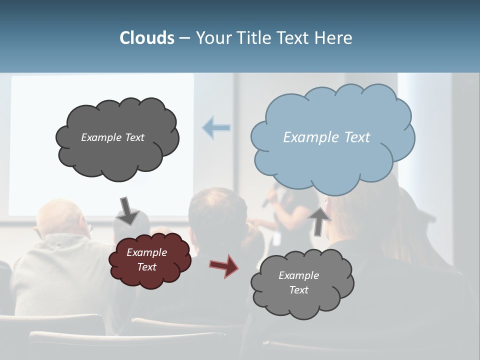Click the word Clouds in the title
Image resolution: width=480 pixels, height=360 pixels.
[146, 38]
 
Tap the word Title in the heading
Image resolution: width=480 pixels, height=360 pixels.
[253, 38]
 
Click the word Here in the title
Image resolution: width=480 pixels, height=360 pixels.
[334, 38]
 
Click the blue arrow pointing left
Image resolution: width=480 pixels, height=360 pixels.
[216, 127]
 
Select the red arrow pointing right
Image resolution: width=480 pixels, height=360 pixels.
[224, 265]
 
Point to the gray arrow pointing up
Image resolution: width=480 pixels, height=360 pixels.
[319, 220]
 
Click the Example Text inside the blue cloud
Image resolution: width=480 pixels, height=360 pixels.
[326, 137]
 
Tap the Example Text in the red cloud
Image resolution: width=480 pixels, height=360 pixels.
[146, 260]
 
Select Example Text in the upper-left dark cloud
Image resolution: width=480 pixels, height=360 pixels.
[112, 137]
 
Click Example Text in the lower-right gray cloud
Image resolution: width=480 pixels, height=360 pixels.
[298, 282]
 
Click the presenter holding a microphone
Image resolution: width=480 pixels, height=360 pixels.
[292, 210]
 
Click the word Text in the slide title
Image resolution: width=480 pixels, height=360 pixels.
[295, 38]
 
